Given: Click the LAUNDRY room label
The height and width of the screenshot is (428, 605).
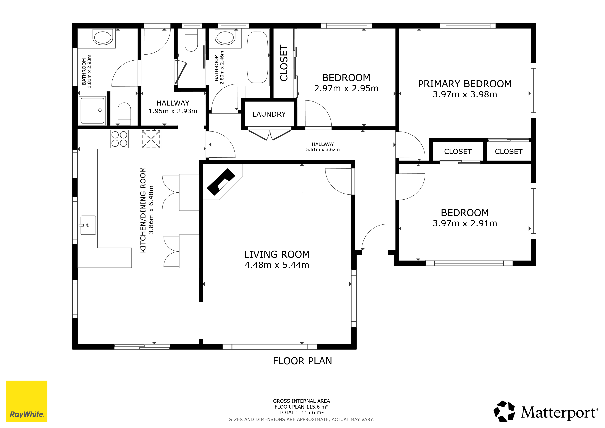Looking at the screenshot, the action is click(x=269, y=114).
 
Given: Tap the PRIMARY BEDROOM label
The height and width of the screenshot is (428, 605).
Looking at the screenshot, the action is click(x=465, y=84).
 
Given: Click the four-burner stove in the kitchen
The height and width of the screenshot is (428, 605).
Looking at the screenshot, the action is click(x=119, y=139).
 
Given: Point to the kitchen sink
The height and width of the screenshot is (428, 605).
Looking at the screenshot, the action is click(x=88, y=225).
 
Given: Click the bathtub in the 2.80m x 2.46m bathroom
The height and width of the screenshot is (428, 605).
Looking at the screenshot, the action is click(x=257, y=57).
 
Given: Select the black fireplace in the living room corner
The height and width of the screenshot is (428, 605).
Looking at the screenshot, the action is click(x=221, y=182).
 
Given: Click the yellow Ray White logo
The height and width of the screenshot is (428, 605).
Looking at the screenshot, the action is click(x=27, y=401).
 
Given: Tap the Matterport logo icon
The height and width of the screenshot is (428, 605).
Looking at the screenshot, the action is click(x=504, y=411).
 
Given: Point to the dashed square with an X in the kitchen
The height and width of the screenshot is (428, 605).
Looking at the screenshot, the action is click(x=151, y=139).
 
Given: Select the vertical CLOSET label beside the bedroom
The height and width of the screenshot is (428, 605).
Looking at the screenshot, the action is click(x=284, y=63).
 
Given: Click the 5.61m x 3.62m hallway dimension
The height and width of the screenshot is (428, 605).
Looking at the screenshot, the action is click(x=323, y=150).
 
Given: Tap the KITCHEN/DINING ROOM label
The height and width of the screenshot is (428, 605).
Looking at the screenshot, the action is click(x=143, y=210).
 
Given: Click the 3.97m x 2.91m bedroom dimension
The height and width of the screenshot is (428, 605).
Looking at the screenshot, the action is click(x=465, y=223).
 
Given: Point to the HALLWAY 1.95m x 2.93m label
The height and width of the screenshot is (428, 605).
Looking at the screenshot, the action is click(x=173, y=107).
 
